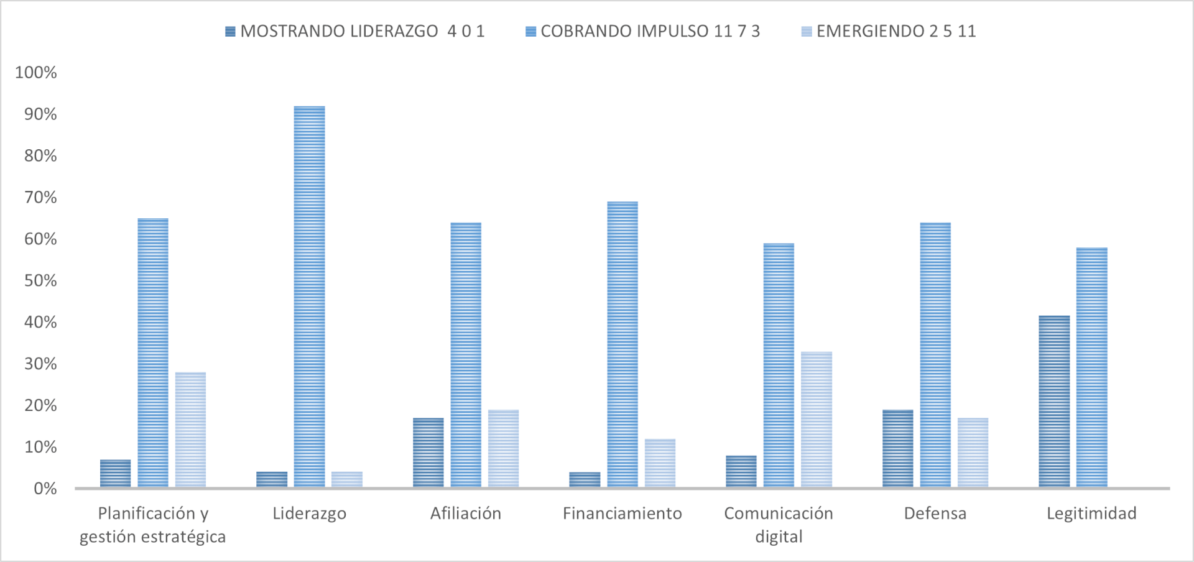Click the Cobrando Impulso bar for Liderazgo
309,297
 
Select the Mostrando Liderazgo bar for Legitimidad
1054,401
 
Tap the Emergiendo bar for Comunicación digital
817,419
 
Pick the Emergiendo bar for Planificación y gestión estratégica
190,430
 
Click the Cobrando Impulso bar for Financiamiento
622,344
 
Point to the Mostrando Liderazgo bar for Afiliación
428,452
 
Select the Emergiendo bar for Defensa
973,453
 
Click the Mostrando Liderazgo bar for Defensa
898,448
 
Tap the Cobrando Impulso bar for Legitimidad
1092,367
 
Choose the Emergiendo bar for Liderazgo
347,479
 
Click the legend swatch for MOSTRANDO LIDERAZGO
230,32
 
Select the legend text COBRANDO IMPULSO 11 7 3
650,32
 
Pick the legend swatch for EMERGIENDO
807,32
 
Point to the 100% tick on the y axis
36,73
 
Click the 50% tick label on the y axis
40,280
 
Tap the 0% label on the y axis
45,489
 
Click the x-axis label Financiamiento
622,514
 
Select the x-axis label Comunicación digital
779,525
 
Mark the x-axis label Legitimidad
1091,514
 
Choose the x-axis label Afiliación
466,514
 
